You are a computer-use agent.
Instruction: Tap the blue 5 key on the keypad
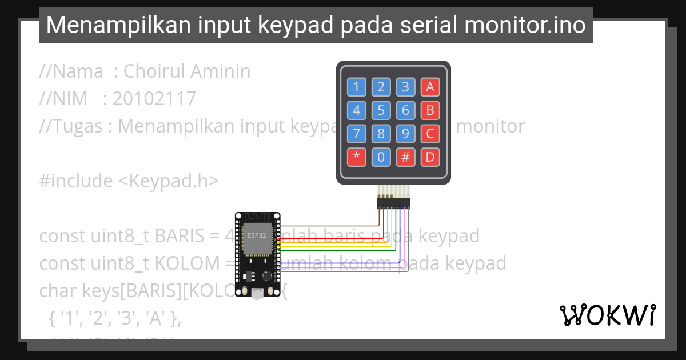tap(381, 110)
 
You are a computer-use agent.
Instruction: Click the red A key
tap(430, 87)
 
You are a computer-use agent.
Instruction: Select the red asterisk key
tap(357, 157)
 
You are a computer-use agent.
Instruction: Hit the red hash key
tap(405, 157)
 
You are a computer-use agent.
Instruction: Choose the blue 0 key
tap(381, 157)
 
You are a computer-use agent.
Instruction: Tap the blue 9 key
tap(405, 133)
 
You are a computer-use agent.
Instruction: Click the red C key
tap(430, 133)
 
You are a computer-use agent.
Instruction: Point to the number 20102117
tap(154, 99)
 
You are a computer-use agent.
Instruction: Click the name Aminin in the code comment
tap(221, 71)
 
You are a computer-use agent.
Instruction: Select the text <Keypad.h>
tap(169, 181)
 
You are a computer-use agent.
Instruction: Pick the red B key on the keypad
tap(430, 110)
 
